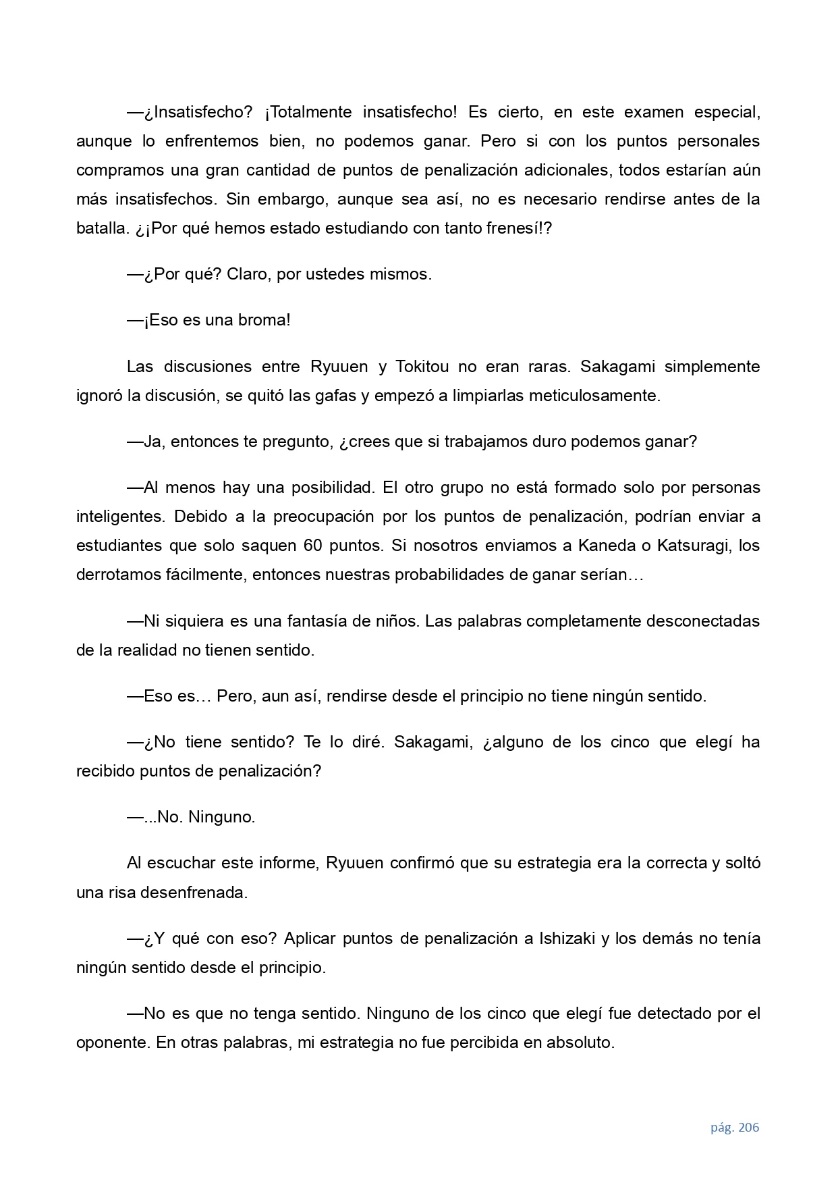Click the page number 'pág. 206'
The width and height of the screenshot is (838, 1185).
(734, 1127)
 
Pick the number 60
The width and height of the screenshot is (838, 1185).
(312, 546)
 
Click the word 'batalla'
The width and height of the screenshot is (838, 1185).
(101, 228)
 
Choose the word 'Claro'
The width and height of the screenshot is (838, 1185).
(248, 274)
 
